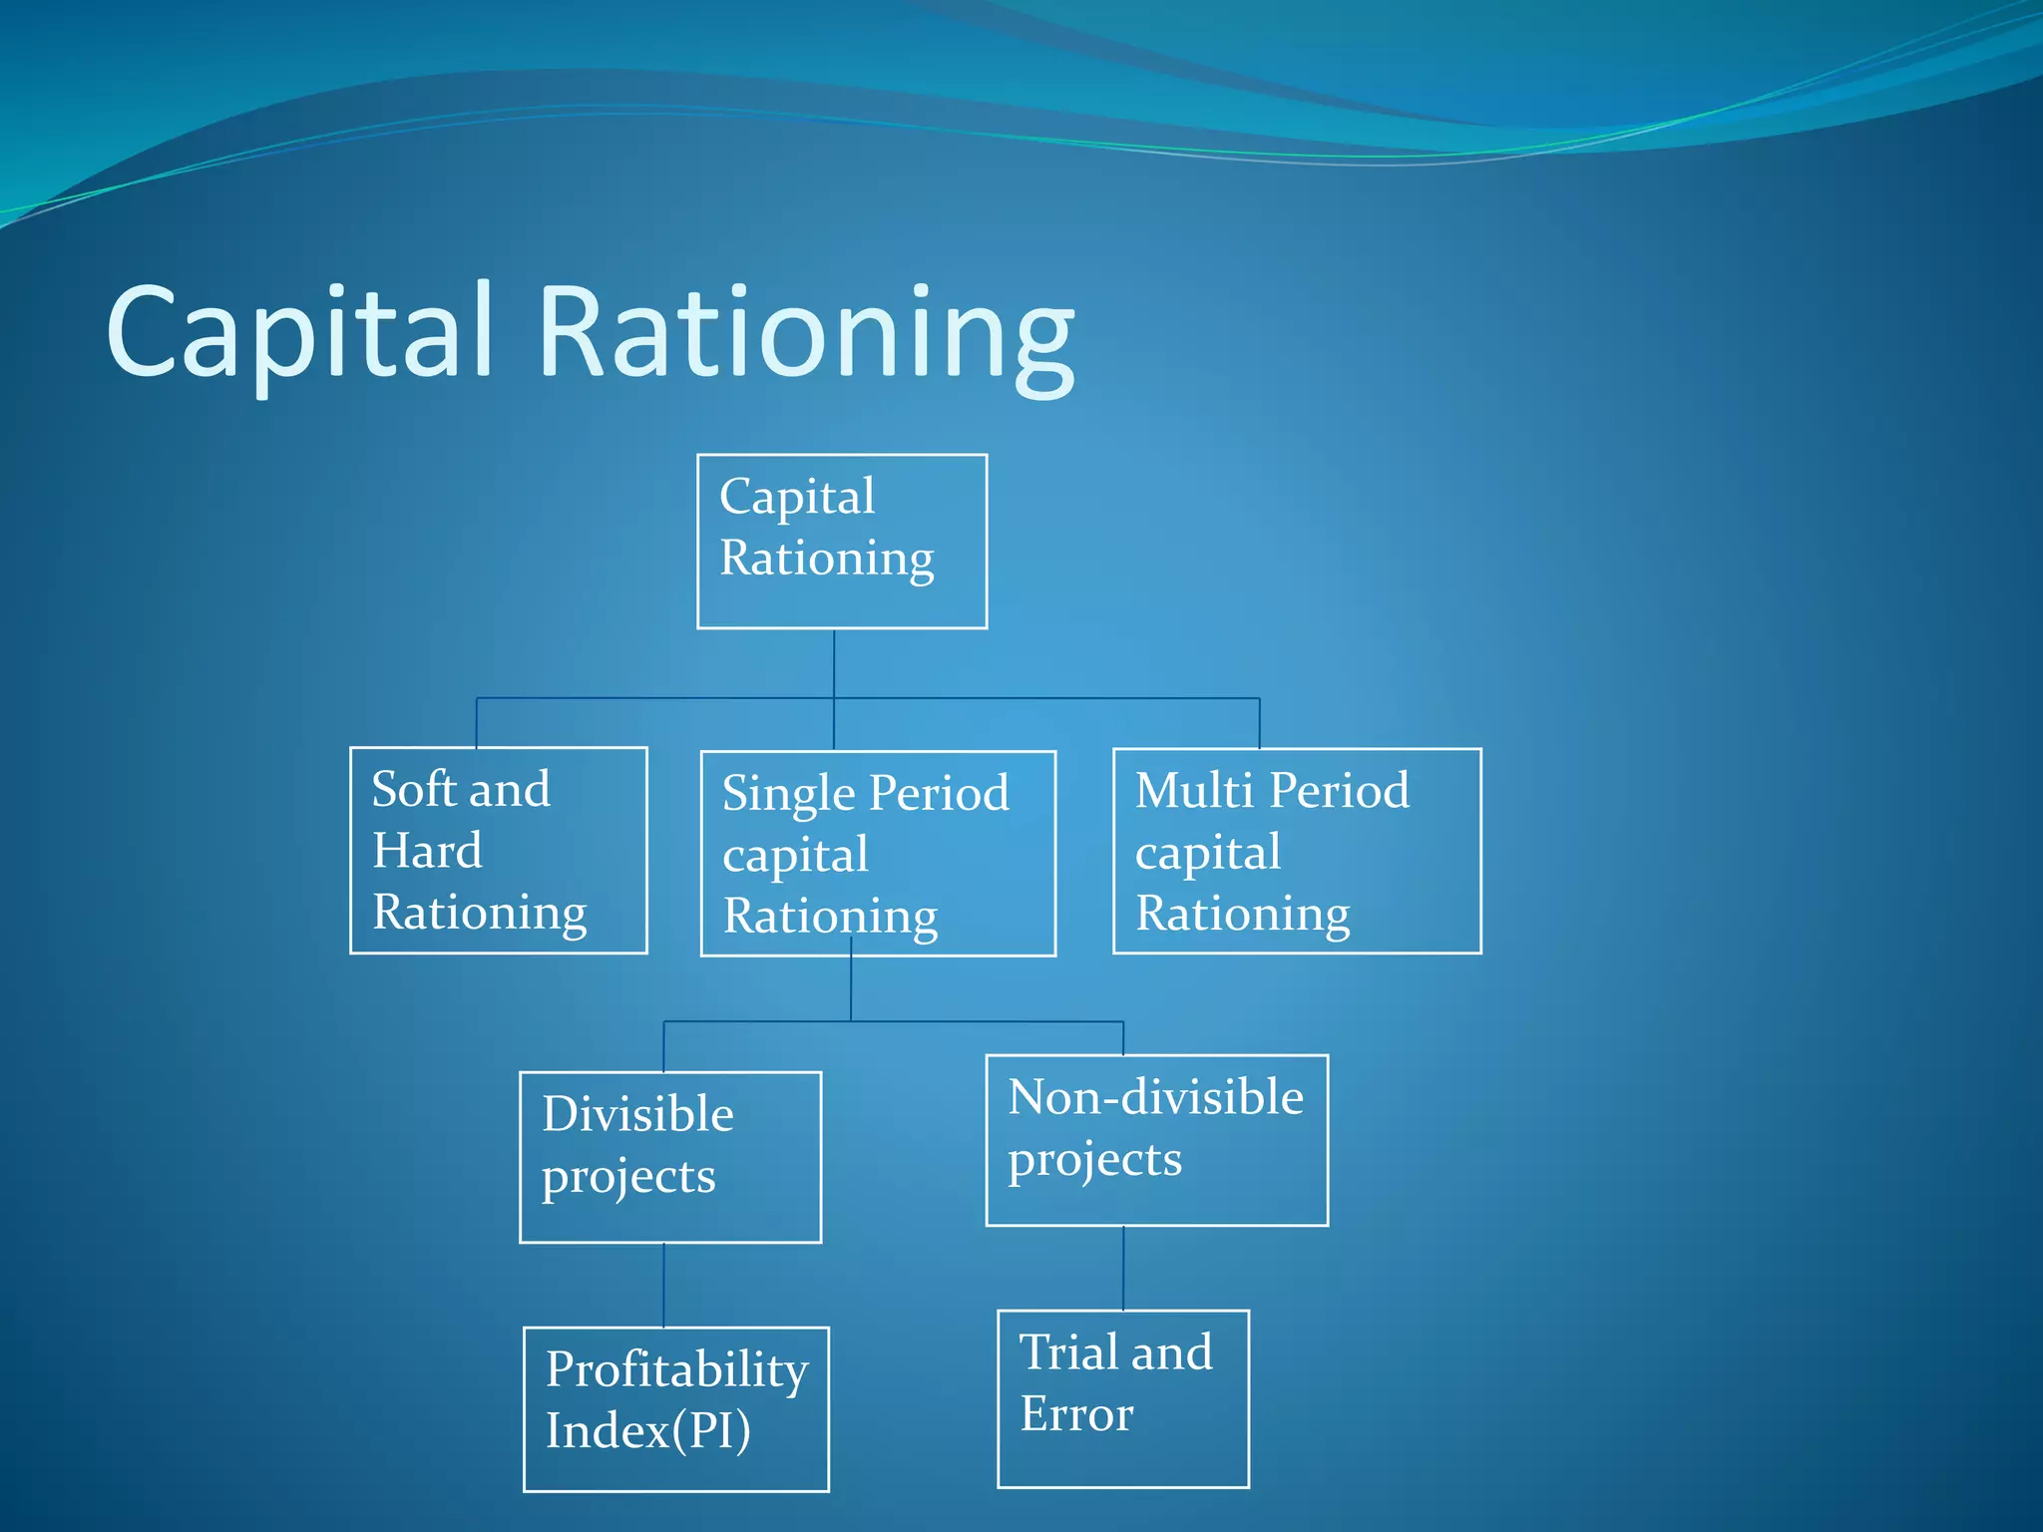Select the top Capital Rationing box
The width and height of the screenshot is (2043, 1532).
point(842,542)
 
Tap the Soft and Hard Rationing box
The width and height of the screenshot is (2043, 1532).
point(499,851)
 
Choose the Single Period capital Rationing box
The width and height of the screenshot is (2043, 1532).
point(878,854)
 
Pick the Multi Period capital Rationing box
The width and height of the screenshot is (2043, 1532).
point(1297,851)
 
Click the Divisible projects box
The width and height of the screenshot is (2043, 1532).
point(670,1157)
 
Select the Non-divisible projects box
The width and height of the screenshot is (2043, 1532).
point(1157,1140)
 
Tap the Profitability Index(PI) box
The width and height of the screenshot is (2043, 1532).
point(676,1409)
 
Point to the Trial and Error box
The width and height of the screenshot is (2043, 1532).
point(1123,1399)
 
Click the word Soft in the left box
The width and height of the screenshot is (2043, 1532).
point(414,790)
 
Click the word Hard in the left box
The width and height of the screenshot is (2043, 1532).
point(427,852)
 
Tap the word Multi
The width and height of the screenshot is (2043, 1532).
point(1194,791)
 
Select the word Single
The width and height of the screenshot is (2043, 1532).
point(788,795)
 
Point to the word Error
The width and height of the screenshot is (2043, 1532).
point(1076,1414)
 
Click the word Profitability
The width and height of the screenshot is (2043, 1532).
point(676,1369)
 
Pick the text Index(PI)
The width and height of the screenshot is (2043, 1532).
point(647,1431)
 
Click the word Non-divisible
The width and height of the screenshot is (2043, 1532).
point(1155,1097)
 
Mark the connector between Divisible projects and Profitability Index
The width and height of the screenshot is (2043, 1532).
point(663,1285)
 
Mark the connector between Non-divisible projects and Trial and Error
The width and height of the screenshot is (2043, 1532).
point(1123,1268)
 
